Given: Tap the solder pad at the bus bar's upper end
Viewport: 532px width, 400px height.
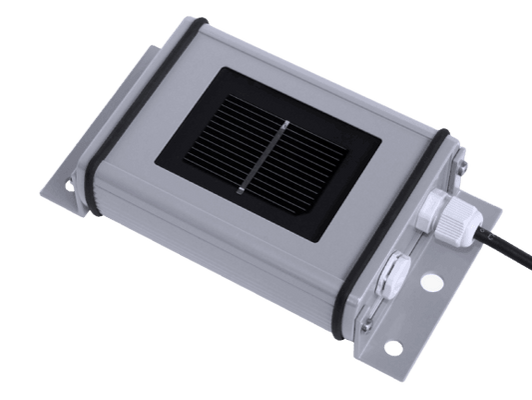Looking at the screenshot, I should (285, 124).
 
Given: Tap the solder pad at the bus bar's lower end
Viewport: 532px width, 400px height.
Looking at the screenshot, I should (243, 188).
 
